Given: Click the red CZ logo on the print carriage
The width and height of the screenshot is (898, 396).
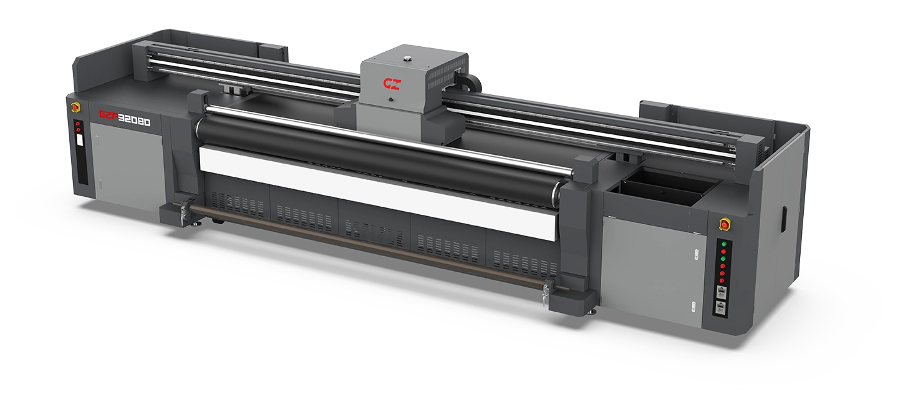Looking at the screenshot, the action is tap(392, 84).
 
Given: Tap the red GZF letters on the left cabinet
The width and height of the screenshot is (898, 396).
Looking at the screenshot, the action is tap(109, 116).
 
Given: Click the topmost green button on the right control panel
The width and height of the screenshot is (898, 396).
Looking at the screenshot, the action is tap(723, 244).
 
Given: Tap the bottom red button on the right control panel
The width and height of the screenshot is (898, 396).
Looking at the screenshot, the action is tap(722, 280).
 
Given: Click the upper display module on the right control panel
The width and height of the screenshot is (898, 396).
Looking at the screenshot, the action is tap(721, 292).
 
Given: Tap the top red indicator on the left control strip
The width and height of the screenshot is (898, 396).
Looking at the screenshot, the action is tap(78, 124).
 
